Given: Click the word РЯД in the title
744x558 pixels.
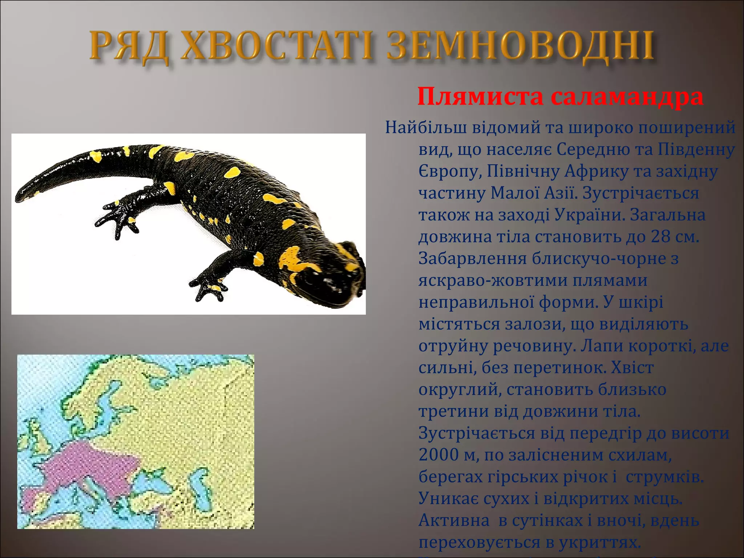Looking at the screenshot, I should [129, 47].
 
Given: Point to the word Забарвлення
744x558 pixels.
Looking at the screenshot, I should [472, 259].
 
